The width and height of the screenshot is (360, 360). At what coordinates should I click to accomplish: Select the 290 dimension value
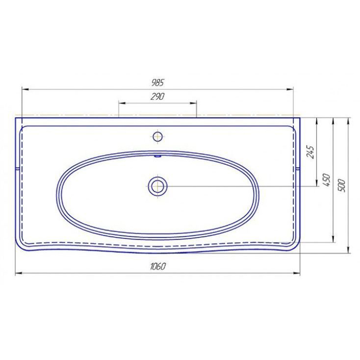[x=158, y=96]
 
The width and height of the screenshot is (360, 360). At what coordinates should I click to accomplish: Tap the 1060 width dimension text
[x=158, y=266]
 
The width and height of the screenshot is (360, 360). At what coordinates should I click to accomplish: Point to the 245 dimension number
[x=310, y=152]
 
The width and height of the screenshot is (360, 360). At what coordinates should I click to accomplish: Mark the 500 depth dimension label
[x=342, y=185]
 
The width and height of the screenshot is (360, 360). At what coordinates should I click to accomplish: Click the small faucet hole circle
[x=158, y=137]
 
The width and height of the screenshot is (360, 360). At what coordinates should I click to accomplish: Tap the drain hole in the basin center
[x=158, y=186]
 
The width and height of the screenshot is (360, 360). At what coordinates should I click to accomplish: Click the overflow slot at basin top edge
[x=158, y=156]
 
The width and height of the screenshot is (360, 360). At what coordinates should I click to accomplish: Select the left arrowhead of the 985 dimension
[x=25, y=89]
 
